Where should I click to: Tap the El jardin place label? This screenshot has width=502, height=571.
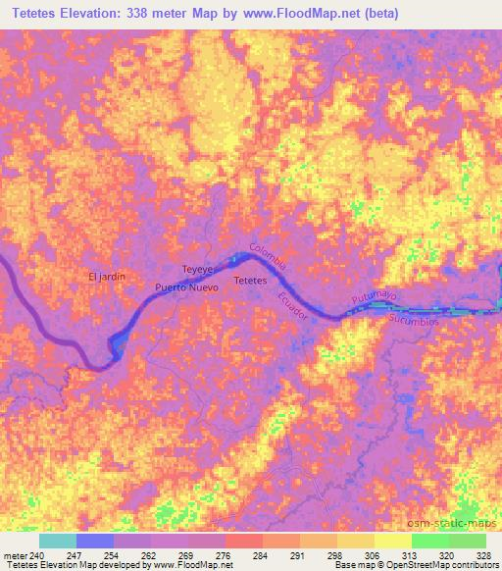click(107, 277)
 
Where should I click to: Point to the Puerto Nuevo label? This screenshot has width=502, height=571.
click(186, 288)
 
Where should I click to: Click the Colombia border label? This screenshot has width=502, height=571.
click(268, 257)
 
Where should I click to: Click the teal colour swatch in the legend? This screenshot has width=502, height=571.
click(58, 541)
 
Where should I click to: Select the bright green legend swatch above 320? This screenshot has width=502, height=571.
click(429, 541)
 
